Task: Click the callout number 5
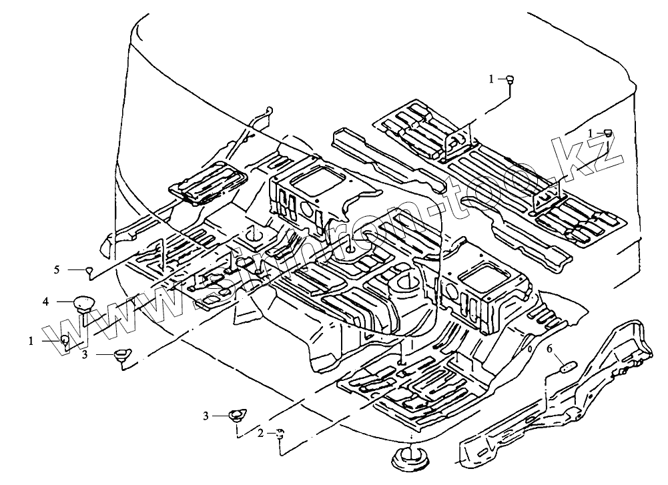pos(57,270)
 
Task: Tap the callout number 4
pos(46,302)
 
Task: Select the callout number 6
pos(549,348)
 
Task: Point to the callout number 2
pos(260,433)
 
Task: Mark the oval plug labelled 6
pos(567,365)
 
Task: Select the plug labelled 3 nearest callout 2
pos(236,416)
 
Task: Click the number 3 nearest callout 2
pos(207,416)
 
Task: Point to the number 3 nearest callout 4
pos(85,356)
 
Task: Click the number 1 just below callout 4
pos(31,340)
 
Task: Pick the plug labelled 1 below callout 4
pos(65,340)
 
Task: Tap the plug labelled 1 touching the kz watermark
pos(609,133)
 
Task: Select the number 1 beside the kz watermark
pos(591,133)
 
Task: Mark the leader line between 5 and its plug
pos(74,270)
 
